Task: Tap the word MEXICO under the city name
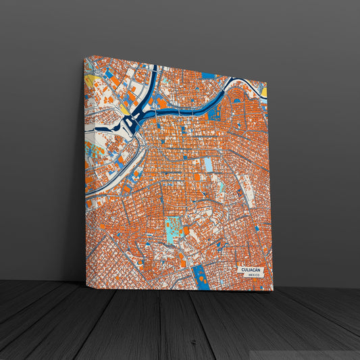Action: coord(254,276)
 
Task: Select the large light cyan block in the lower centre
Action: coord(174,230)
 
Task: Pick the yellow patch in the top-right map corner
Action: coord(264,92)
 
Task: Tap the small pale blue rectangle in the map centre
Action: coord(208,165)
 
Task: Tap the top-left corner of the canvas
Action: coord(84,56)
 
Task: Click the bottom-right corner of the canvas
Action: coord(274,291)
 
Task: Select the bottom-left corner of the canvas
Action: coord(84,282)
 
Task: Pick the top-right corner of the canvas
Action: coord(267,79)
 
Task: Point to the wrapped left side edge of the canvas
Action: coord(85,169)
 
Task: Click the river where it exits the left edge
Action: coord(88,195)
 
